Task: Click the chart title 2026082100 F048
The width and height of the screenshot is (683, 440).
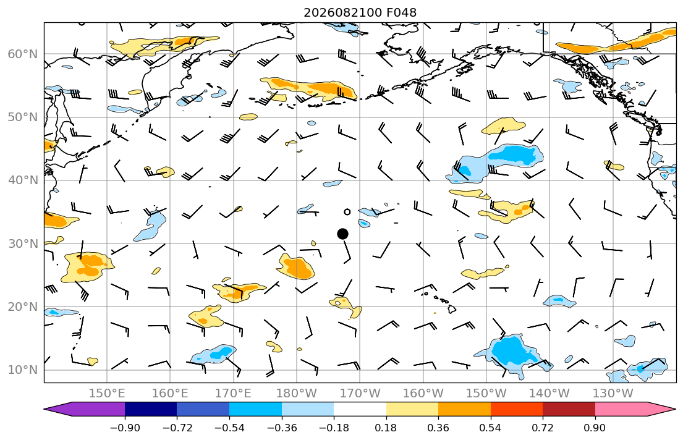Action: pyautogui.click(x=360, y=12)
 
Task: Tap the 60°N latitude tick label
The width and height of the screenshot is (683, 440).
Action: pyautogui.click(x=23, y=54)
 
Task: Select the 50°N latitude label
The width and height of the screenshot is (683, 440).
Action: pyautogui.click(x=23, y=117)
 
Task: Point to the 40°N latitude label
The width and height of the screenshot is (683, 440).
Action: pyautogui.click(x=23, y=180)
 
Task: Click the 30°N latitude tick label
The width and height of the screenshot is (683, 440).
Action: pyautogui.click(x=23, y=243)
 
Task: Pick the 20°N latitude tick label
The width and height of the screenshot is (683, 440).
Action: pyautogui.click(x=23, y=307)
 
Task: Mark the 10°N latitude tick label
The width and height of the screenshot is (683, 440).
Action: pyautogui.click(x=23, y=370)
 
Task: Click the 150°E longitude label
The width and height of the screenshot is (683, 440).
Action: pyautogui.click(x=107, y=394)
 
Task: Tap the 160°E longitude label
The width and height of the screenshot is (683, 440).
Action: pyautogui.click(x=171, y=394)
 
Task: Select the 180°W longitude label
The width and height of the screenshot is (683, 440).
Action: pyautogui.click(x=297, y=394)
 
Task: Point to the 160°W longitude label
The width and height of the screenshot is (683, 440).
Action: pyautogui.click(x=423, y=394)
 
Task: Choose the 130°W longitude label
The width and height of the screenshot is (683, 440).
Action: pyautogui.click(x=613, y=394)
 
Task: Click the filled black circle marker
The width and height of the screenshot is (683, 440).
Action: pyautogui.click(x=343, y=234)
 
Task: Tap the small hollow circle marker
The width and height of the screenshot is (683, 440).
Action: pyautogui.click(x=347, y=212)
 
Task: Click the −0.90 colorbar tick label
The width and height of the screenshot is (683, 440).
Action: pyautogui.click(x=125, y=428)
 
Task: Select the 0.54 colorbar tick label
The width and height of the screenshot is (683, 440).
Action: pyautogui.click(x=491, y=428)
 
